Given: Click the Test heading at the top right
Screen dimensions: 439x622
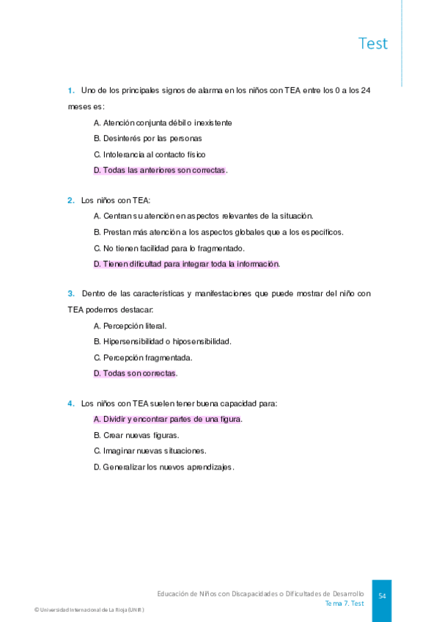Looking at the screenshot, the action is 372,43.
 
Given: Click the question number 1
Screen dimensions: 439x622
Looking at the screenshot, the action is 71,90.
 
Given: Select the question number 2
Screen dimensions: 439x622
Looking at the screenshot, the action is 71,200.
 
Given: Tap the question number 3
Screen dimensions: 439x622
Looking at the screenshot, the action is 71,293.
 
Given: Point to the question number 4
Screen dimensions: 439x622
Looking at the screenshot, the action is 71,403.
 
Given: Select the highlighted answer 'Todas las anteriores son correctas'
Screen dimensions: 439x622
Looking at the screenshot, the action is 160,170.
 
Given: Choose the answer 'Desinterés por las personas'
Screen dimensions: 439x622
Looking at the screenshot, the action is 147,138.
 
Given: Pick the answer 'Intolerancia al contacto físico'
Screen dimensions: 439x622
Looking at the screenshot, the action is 150,154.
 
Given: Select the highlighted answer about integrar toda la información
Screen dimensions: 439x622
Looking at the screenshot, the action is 186,264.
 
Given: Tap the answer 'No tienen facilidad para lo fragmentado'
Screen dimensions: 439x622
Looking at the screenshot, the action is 169,248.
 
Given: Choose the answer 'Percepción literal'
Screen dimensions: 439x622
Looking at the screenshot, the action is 130,326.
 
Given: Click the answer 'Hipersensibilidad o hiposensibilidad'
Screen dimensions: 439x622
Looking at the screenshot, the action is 162,342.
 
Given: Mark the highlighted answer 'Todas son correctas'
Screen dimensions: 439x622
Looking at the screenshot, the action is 135,373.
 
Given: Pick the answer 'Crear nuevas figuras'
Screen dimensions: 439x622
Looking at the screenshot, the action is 136,435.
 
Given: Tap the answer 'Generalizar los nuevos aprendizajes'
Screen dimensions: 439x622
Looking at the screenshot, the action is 163,467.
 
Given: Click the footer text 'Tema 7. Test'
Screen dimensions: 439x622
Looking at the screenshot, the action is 344,603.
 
